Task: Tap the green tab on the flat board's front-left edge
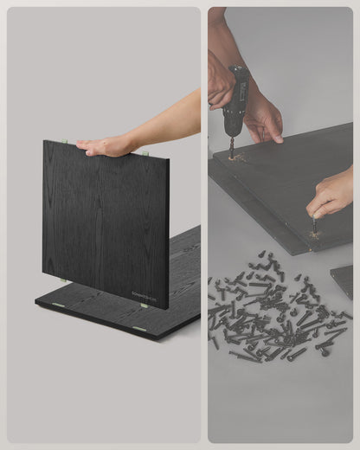tap(58, 305)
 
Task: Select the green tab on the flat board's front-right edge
tap(138, 330)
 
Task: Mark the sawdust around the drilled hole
tap(234, 158)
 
